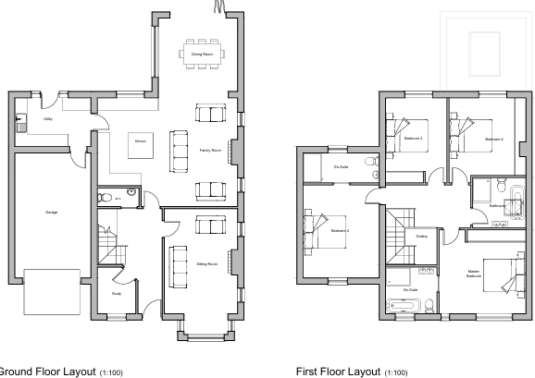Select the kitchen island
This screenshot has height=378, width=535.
[141, 144]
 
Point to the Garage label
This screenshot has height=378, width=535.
[52, 213]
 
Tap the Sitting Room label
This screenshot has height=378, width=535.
[206, 264]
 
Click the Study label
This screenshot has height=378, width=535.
[117, 294]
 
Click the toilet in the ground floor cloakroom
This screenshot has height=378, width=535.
[107, 197]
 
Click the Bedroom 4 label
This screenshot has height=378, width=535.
[493, 139]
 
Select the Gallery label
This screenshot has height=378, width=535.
[422, 237]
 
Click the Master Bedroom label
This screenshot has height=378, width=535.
[474, 274]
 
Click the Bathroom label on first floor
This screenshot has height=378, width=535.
[496, 204]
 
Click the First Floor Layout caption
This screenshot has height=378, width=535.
[351, 371]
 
